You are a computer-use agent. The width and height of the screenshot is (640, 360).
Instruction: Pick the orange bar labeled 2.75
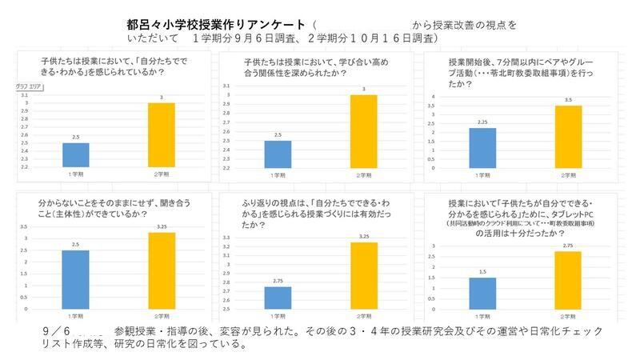(x=568, y=280)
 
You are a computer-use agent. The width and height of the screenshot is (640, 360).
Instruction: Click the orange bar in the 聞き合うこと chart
(x=162, y=270)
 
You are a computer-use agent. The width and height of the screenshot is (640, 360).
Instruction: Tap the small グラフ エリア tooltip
(x=28, y=86)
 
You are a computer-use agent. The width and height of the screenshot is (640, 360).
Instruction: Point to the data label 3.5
(x=568, y=100)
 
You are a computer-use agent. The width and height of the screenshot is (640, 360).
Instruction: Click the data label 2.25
(x=482, y=122)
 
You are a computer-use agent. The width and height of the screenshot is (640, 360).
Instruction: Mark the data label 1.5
(x=482, y=272)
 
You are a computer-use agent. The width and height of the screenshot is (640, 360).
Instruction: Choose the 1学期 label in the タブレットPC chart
(x=482, y=314)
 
